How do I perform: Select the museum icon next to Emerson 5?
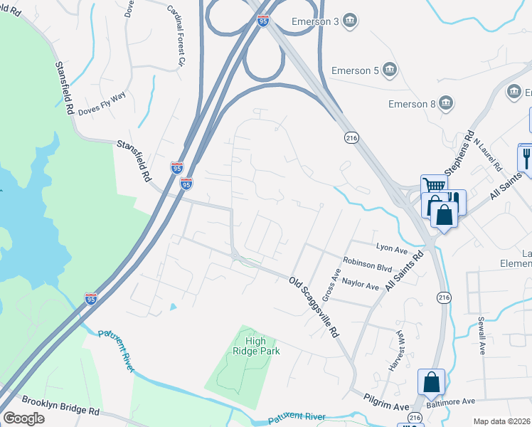tap(389, 70)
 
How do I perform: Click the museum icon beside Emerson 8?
tap(445, 104)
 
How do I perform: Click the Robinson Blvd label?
tap(367, 264)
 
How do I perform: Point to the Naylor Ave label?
tap(361, 284)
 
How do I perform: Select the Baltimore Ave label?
tap(448, 402)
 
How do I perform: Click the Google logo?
tap(23, 418)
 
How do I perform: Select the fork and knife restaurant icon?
tap(526, 157)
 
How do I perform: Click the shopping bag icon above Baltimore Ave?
tap(431, 382)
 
